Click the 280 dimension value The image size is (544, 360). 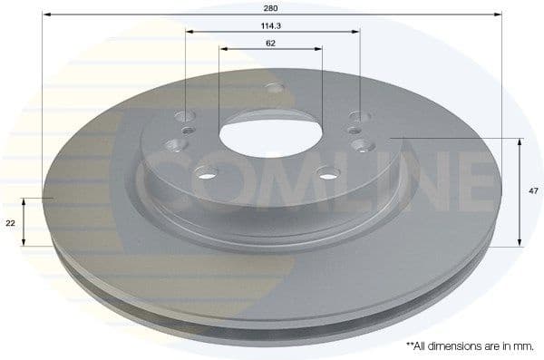click(x=271, y=6)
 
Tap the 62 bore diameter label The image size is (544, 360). click(x=271, y=43)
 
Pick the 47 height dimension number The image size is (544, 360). click(x=534, y=190)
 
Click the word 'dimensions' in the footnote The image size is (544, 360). click(x=455, y=346)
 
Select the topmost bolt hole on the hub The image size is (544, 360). click(x=273, y=89)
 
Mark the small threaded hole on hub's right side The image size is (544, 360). click(x=356, y=131)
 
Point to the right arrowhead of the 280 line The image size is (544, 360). click(x=500, y=15)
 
